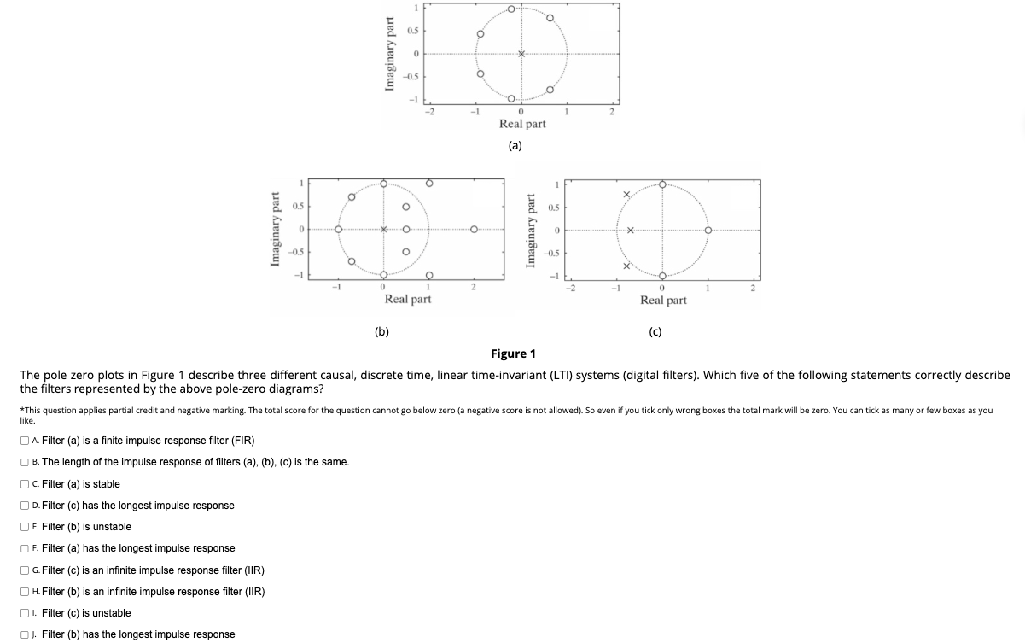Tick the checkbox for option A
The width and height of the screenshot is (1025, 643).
click(x=24, y=441)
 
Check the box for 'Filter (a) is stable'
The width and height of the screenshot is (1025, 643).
click(x=24, y=484)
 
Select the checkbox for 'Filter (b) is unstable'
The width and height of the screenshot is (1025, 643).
click(x=24, y=527)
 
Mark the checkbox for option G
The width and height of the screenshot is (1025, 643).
click(x=24, y=570)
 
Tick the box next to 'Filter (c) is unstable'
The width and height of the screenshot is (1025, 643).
click(x=24, y=613)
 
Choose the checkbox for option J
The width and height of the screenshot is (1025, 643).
click(x=24, y=634)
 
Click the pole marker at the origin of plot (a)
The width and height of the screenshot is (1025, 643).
click(x=521, y=55)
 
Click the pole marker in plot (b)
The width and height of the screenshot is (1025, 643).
click(x=383, y=229)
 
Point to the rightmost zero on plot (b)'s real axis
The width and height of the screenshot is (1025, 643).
click(x=474, y=229)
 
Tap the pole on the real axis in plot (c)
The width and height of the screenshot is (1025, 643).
click(x=631, y=230)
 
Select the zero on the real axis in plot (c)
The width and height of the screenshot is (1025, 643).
click(x=708, y=230)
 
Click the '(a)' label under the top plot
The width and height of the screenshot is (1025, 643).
click(x=515, y=145)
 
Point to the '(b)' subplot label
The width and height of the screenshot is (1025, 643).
click(x=381, y=331)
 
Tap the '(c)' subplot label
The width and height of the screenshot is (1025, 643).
click(x=655, y=331)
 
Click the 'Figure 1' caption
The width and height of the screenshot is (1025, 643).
click(x=513, y=354)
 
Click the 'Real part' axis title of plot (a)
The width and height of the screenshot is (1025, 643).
click(x=522, y=124)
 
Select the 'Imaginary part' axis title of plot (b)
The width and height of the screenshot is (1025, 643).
click(x=276, y=229)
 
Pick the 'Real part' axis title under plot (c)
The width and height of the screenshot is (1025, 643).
click(x=663, y=300)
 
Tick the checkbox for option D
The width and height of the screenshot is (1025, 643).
click(x=24, y=506)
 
